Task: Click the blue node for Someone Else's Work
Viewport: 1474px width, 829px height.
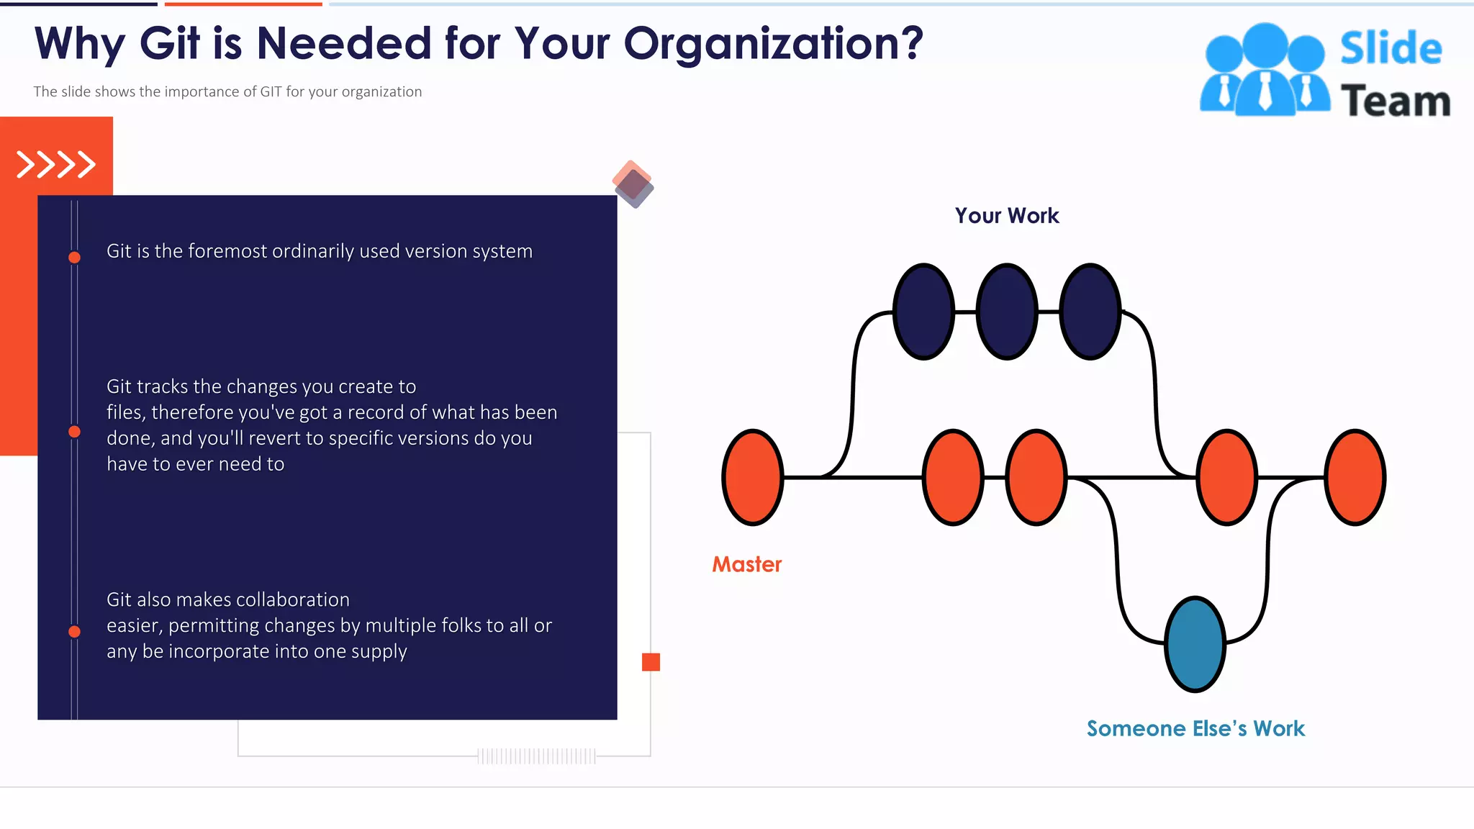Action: coord(1195,644)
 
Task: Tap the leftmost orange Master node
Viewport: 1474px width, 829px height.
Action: coord(752,477)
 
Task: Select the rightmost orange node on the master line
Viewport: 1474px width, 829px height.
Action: coord(1355,477)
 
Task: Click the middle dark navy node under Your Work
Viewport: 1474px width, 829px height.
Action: coord(1007,311)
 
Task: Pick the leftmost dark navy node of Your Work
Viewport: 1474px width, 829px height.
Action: coord(923,311)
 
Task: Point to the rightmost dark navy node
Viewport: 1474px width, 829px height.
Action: coord(1090,311)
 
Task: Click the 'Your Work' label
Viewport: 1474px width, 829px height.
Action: coord(1006,215)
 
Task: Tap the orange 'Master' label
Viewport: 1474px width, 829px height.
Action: coord(746,564)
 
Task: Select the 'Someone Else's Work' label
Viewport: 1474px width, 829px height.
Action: coord(1195,728)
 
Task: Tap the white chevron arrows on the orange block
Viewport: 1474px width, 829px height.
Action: coord(56,164)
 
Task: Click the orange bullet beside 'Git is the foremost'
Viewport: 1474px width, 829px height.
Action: coord(74,257)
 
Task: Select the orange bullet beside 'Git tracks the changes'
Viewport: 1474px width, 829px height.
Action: coord(74,432)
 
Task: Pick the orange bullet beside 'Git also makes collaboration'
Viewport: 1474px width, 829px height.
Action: coord(74,632)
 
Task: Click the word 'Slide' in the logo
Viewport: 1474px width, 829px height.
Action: coord(1391,48)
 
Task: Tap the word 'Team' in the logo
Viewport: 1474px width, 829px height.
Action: coord(1395,101)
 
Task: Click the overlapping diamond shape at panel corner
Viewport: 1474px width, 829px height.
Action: coord(633,184)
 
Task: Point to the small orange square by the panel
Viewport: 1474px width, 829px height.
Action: coord(651,662)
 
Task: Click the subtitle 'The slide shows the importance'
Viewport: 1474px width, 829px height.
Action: coord(227,91)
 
